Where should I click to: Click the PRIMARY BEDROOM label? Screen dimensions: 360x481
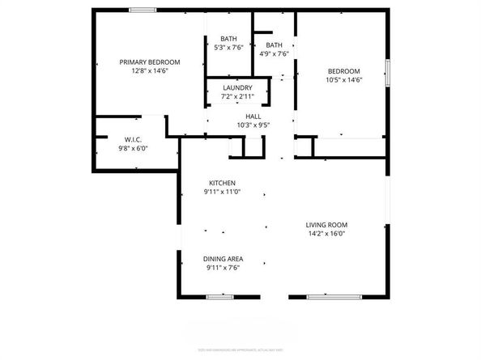click(x=150, y=62)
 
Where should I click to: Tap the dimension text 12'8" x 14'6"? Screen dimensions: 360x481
click(x=150, y=71)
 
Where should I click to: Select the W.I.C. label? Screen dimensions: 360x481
click(x=134, y=139)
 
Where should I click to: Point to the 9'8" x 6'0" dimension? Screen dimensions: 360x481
click(x=134, y=148)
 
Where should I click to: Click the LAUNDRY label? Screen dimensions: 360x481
click(x=237, y=87)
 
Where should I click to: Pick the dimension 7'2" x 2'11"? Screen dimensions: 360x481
click(x=237, y=96)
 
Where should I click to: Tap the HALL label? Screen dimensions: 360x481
click(x=253, y=116)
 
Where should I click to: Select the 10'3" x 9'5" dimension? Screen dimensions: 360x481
click(x=253, y=125)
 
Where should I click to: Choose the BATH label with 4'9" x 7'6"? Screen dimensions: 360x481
click(x=275, y=45)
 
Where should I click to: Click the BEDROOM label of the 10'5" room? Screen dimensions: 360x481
click(x=343, y=70)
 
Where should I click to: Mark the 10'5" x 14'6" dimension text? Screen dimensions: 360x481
click(x=343, y=79)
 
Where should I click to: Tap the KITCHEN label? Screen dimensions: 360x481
click(x=222, y=183)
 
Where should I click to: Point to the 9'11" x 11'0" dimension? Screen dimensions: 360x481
click(x=222, y=193)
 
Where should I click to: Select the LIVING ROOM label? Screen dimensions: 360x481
click(x=326, y=225)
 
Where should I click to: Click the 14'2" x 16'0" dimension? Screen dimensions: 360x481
click(x=326, y=234)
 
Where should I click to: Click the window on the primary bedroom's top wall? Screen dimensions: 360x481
click(x=143, y=10)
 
